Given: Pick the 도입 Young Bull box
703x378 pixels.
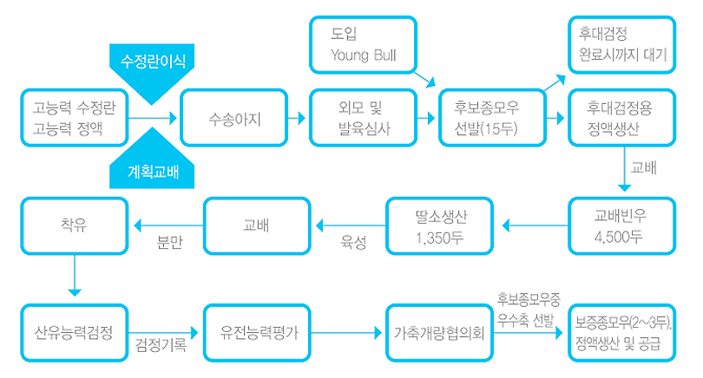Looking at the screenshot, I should point(361,44).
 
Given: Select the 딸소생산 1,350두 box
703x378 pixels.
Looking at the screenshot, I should point(440,226).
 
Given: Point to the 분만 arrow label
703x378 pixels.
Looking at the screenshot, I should point(169,243).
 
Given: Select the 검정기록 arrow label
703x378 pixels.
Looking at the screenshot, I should point(161,346).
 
